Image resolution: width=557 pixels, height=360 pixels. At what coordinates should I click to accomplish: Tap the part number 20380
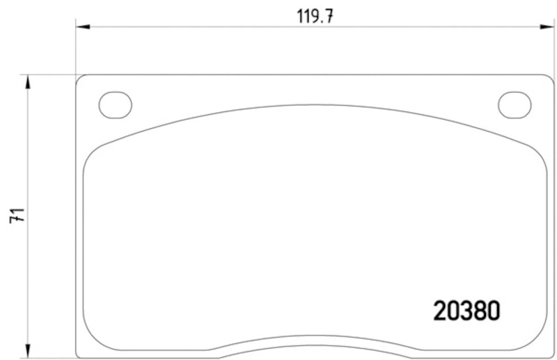(x=466, y=310)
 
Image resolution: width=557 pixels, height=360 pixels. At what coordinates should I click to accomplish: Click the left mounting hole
(x=115, y=104)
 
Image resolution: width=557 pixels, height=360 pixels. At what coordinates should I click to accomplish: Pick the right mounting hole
(x=515, y=104)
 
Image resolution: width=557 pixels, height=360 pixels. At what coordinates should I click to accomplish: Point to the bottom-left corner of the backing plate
(x=78, y=349)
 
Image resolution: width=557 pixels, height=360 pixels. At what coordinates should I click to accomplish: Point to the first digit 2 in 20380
(x=440, y=310)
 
